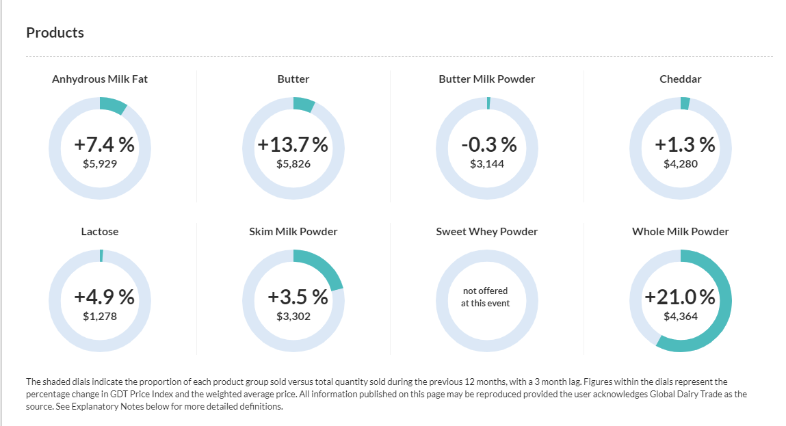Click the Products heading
(55, 33)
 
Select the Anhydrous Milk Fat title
(100, 79)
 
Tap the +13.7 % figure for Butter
(293, 145)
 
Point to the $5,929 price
(100, 164)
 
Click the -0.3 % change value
(488, 145)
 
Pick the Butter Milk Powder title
(487, 79)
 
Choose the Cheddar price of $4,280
(681, 164)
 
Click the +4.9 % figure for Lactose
(104, 297)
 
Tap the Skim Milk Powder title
(293, 232)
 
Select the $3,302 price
(293, 317)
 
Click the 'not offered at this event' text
(485, 297)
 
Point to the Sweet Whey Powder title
(487, 232)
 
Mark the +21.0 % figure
(680, 297)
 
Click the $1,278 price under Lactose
(100, 317)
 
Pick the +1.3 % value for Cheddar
(685, 145)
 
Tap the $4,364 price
(681, 317)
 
